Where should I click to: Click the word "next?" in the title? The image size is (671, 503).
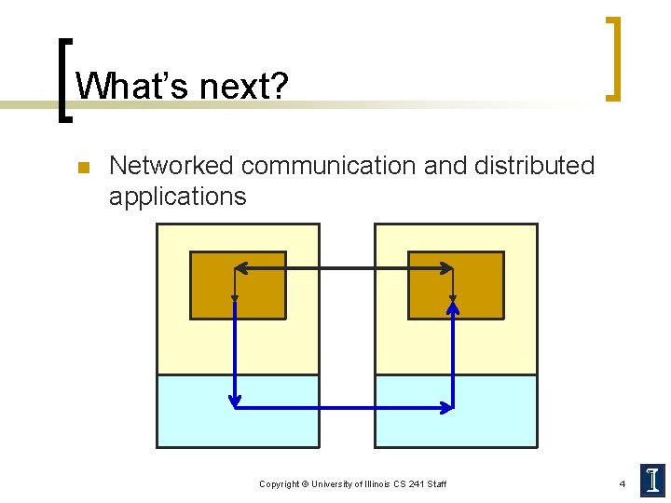pos(236,88)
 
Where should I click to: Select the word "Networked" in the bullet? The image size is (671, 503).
pos(171,166)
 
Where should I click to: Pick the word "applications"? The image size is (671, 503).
pos(177,197)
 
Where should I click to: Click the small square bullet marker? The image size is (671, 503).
pos(81,168)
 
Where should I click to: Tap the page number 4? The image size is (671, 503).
pos(622,484)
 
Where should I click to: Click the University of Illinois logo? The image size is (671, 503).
pos(650,479)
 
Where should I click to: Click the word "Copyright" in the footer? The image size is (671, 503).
pos(280,484)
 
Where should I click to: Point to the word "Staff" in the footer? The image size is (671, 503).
pos(436,484)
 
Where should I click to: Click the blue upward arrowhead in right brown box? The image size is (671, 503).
pos(453,304)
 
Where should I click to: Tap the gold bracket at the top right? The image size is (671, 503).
pos(613,58)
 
